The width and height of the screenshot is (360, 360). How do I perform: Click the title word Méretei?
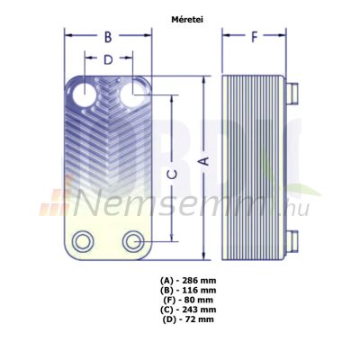pyautogui.click(x=187, y=20)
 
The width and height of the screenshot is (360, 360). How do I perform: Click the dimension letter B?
pyautogui.click(x=108, y=38)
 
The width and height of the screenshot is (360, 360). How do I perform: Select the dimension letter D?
pyautogui.click(x=108, y=59)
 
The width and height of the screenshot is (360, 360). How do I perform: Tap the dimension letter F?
pyautogui.click(x=254, y=37)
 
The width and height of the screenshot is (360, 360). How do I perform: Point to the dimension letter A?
pyautogui.click(x=204, y=161)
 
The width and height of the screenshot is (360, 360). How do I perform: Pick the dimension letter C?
pyautogui.click(x=172, y=175)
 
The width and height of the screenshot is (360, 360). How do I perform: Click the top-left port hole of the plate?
pyautogui.click(x=85, y=95)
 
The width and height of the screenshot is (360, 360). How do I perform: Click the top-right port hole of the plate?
pyautogui.click(x=132, y=94)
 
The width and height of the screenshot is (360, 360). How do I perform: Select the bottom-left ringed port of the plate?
pyautogui.click(x=82, y=241)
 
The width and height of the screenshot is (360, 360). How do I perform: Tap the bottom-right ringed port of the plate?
pyautogui.click(x=131, y=241)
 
